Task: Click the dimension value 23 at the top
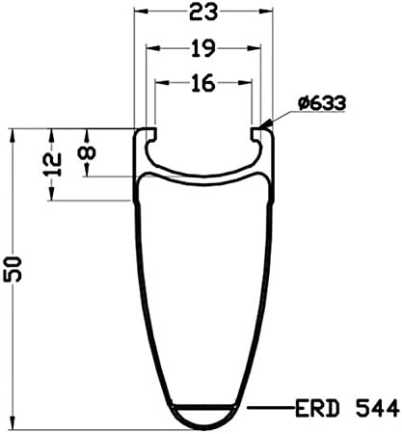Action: [203, 13]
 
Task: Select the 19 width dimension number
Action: [203, 49]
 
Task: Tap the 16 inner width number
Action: [203, 83]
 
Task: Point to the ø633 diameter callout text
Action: [322, 103]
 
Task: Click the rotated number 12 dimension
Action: [52, 164]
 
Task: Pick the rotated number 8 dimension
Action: [87, 152]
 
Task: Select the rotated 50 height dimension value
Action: [13, 269]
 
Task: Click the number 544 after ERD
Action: [377, 409]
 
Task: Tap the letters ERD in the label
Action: [317, 409]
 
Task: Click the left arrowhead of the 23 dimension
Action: [141, 12]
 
